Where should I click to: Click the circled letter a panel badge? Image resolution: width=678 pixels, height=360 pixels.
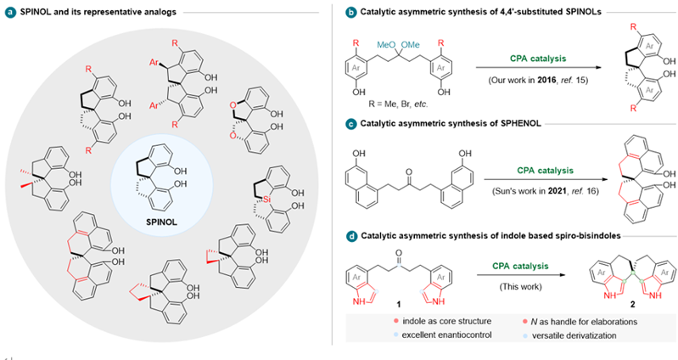pos(10,12)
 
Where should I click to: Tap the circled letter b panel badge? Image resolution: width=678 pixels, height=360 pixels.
pos(350,12)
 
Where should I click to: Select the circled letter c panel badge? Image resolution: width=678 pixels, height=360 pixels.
pos(350,124)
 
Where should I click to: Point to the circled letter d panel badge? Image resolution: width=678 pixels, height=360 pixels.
pos(351,236)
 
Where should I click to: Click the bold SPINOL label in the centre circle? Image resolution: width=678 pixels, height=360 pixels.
pos(162,222)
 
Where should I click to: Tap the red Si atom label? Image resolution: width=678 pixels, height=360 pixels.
pos(266,200)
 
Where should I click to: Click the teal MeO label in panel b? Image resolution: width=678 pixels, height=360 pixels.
pos(386,44)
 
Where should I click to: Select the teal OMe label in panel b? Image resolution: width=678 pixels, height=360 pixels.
pos(410,44)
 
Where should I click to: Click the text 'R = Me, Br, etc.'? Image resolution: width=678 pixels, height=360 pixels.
pos(399,104)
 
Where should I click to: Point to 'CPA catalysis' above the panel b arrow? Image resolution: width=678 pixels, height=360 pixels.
pos(537,59)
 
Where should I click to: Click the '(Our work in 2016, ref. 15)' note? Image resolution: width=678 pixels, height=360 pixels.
pos(538,80)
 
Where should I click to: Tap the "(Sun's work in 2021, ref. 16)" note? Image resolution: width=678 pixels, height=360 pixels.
pos(546,191)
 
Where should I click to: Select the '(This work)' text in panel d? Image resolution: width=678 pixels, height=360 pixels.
pos(520,286)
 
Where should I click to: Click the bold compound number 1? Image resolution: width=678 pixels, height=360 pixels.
pos(398,305)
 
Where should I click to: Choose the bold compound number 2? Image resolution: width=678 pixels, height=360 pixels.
pos(632,305)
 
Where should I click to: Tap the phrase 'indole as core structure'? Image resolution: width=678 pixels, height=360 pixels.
pos(446,322)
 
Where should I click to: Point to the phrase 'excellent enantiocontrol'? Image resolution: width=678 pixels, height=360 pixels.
pos(446,335)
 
